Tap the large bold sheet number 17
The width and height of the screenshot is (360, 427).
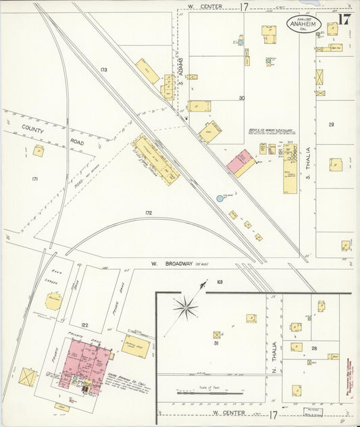point(344,18)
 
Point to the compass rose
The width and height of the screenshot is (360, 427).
point(185,307)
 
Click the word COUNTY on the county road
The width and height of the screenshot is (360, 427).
point(32,127)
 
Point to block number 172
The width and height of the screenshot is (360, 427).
point(148,213)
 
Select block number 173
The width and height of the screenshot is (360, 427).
point(103,70)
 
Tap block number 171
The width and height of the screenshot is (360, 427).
point(35,178)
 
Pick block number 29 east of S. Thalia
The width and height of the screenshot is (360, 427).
point(331,125)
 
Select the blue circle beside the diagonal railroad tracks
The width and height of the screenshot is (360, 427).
point(220,199)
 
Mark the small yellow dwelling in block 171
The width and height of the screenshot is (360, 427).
point(38,151)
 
